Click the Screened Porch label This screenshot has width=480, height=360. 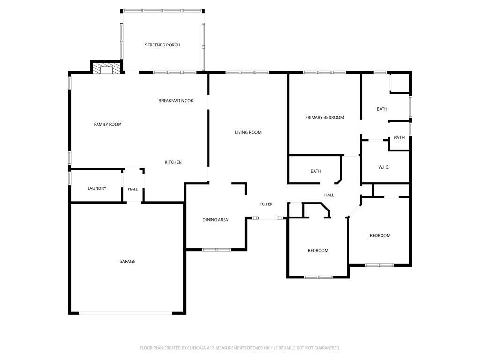162,45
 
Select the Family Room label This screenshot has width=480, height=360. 108,124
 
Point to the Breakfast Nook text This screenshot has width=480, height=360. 176,101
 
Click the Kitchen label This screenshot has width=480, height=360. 173,162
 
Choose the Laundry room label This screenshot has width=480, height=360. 97,188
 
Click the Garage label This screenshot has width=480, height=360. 127,261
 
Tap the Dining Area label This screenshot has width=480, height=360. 215,220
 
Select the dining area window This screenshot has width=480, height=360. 217,250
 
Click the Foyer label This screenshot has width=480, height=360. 266,204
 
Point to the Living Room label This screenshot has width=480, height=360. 248,132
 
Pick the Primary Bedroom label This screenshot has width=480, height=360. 324,117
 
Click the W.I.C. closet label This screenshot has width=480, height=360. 384,167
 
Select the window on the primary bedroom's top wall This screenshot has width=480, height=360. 324,72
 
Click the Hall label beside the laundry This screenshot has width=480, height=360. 133,189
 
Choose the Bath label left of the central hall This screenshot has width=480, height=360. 316,171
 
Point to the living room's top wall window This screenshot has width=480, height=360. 247,72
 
